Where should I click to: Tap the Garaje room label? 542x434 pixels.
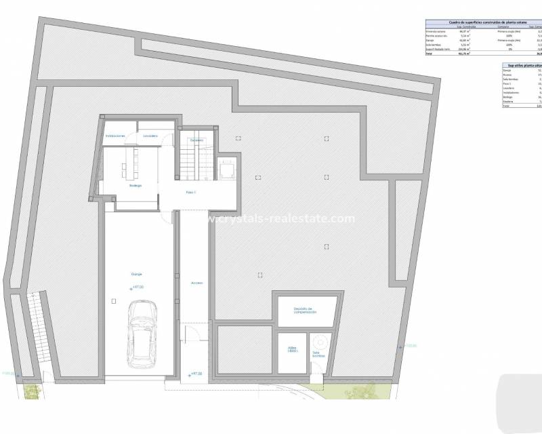pos(137,274)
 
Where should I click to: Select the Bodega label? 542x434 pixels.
pos(135,185)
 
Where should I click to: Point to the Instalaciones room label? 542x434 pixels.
pos(115,136)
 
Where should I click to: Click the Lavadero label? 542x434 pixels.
pos(150,136)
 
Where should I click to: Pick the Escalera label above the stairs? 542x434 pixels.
pos(196,140)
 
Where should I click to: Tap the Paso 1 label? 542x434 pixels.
pos(191,193)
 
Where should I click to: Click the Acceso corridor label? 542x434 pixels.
pos(196,283)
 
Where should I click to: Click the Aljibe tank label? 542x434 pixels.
pos(292,351)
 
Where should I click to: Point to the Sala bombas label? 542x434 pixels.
pos(317,354)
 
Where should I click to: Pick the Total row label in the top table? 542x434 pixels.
pos(428,54)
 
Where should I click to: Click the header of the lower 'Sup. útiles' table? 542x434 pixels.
pos(520,65)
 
